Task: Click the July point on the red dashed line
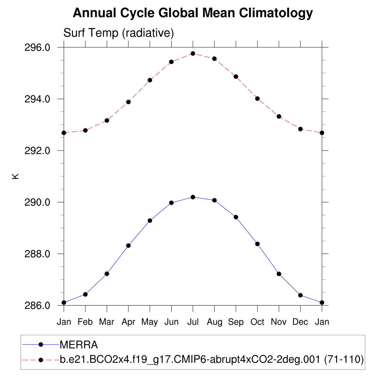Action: coord(193,53)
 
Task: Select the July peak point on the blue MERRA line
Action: coord(193,197)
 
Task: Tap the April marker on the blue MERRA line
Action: coord(128,246)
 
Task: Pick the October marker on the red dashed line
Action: coord(257,99)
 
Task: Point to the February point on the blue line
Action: coord(85,294)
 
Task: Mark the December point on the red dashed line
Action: coord(300,129)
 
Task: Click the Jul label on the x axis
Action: coord(193,322)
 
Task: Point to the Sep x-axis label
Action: coord(236,322)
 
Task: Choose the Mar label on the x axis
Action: coord(107,322)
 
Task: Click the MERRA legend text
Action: coord(78,345)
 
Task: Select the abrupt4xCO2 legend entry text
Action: coord(212,359)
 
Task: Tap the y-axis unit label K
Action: coord(16,176)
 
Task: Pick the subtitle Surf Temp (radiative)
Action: coord(119,33)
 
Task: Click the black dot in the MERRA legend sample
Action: coord(41,345)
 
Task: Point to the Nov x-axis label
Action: coord(279,322)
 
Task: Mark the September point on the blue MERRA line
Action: coord(236,217)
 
